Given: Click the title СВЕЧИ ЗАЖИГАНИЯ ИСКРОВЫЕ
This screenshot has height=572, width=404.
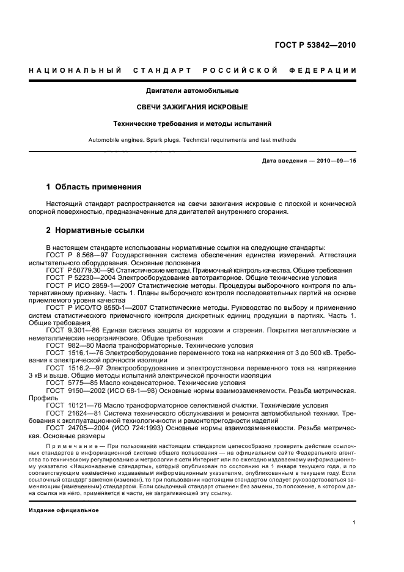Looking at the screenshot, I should click(x=191, y=107).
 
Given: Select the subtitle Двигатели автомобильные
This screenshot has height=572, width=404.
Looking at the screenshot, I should click(x=191, y=91).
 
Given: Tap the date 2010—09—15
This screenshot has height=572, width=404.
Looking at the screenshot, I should click(x=335, y=161).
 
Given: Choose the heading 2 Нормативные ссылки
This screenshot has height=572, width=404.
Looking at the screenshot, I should click(x=96, y=231).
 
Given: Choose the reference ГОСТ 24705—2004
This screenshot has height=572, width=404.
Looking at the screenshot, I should click(x=73, y=429).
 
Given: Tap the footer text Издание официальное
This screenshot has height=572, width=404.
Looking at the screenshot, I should click(x=64, y=510).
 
